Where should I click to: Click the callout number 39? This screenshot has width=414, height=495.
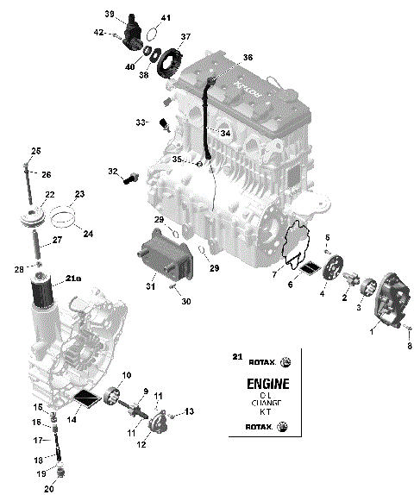(110, 14)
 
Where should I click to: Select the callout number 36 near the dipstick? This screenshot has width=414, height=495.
(248, 57)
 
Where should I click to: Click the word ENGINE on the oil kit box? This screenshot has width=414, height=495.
(268, 384)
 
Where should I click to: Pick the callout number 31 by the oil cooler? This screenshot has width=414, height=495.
(150, 286)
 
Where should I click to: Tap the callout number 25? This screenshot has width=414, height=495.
(36, 152)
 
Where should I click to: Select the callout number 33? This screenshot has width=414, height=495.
(141, 123)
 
